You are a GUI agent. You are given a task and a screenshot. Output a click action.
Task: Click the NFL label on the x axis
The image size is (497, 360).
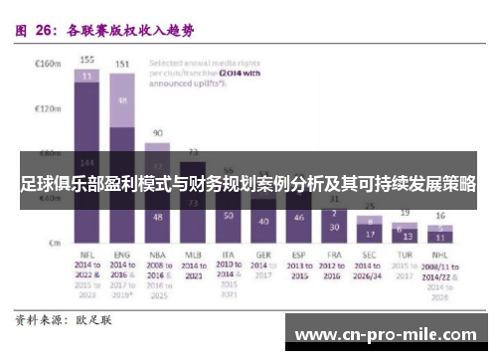(x=87, y=255)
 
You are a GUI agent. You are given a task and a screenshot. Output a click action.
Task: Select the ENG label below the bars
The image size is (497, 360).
(x=122, y=255)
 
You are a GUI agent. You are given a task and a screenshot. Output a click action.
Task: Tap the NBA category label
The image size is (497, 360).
(x=157, y=255)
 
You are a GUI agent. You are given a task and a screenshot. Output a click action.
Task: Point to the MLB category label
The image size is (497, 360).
(x=193, y=255)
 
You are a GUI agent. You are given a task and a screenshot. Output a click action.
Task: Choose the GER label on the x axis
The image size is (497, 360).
(x=262, y=255)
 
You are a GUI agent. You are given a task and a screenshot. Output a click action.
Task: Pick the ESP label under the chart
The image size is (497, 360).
(x=297, y=255)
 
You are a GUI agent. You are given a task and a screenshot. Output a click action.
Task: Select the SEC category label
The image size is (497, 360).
(x=369, y=255)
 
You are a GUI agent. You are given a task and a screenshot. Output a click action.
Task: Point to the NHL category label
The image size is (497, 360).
(x=438, y=255)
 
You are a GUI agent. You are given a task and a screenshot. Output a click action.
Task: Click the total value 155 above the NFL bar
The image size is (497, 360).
(x=87, y=59)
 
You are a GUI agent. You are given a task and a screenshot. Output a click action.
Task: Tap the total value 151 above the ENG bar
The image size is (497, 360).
(x=122, y=64)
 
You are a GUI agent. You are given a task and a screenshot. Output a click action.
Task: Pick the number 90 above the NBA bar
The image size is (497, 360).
(x=157, y=132)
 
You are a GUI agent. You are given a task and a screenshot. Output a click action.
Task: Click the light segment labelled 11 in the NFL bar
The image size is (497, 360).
(x=87, y=75)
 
